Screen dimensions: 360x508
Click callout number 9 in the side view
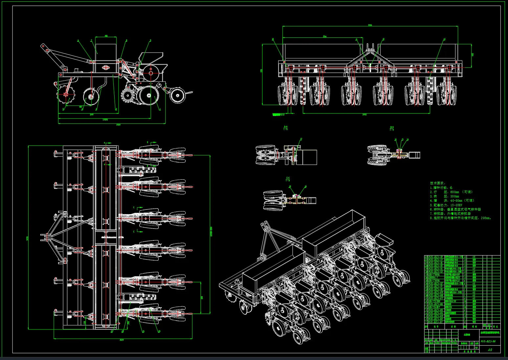coord(150,41)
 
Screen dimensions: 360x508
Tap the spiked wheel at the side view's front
coord(66,94)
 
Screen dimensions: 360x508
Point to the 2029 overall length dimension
coord(118,125)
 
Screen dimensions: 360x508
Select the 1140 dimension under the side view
coord(92,115)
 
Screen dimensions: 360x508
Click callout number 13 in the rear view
coord(444,39)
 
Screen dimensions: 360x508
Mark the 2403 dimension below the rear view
coord(364,115)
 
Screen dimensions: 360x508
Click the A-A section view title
coord(286,128)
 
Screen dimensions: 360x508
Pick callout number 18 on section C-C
coord(305,187)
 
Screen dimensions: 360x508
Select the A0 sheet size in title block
coord(490,350)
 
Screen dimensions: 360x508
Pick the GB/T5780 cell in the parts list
coord(434,301)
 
